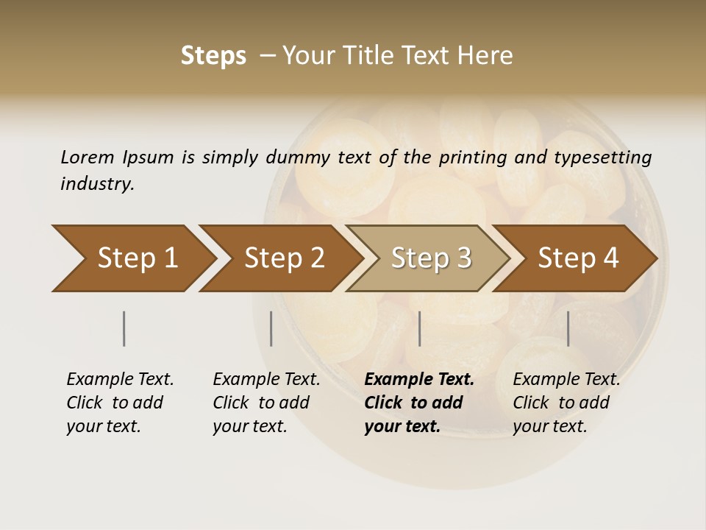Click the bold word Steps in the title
pos(213,56)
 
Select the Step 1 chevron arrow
pos(132,258)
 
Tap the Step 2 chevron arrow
pos(282,258)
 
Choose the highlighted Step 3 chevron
pos(429,258)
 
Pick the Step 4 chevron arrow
pos(577,258)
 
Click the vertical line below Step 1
pos(124,328)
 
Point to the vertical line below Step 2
pos(271,328)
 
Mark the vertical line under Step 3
pos(419,328)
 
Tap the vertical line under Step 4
pos(568,328)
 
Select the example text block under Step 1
pos(120,403)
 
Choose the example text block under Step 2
pos(266,403)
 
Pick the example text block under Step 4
pos(566,403)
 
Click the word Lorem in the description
pos(88,157)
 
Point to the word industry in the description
pos(97,184)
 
